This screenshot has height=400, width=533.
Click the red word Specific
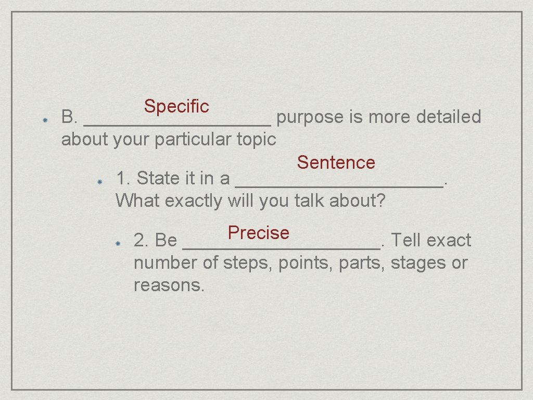click(176, 106)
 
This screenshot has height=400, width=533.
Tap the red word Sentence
click(336, 162)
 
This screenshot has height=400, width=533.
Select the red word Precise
click(258, 233)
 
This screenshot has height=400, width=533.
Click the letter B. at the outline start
click(69, 117)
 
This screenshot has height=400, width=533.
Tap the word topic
click(256, 140)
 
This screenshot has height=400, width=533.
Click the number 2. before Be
click(142, 241)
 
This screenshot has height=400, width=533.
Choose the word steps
click(248, 263)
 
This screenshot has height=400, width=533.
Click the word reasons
click(169, 285)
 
